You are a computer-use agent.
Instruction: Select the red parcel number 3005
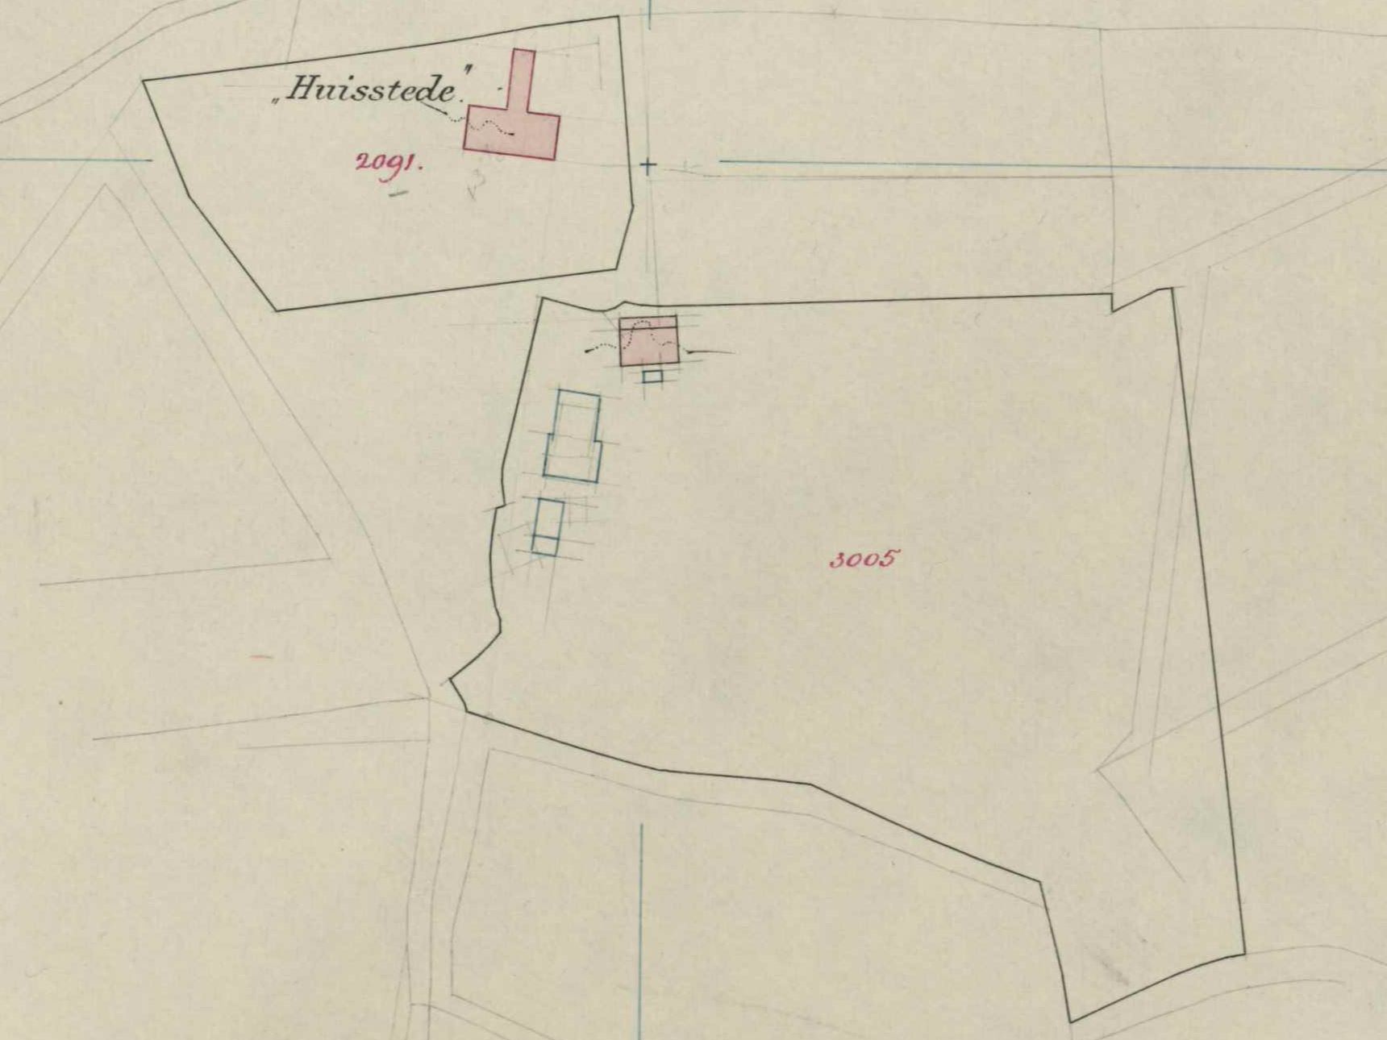863,559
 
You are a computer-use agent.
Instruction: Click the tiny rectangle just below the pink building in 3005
652,376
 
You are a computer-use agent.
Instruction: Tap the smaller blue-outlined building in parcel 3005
548,526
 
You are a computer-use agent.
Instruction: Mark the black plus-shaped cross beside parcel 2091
648,167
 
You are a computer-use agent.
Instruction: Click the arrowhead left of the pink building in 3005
589,352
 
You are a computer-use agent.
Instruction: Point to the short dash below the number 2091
398,193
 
